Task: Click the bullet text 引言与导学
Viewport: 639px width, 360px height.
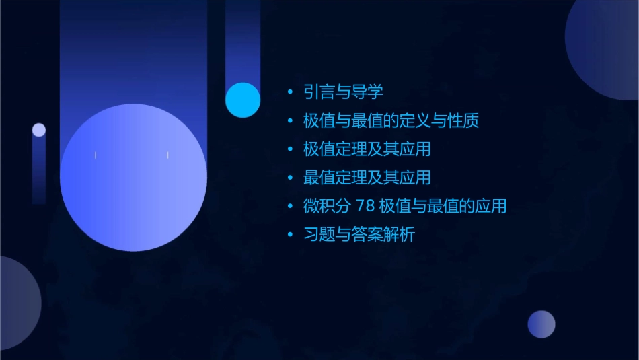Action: point(343,92)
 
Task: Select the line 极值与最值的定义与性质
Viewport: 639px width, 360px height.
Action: point(391,121)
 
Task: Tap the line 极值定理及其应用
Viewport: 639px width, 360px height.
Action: point(367,149)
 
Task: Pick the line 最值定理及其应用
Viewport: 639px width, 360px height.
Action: point(367,178)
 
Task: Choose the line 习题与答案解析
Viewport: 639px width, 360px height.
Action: point(359,235)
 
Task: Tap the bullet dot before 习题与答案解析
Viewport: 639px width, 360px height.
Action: point(290,235)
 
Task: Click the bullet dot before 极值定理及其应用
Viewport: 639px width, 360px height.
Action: point(290,149)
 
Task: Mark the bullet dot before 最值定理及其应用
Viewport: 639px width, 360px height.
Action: point(290,178)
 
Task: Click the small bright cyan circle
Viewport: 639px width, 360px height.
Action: point(243,100)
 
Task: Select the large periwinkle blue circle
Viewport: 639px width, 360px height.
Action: point(133,178)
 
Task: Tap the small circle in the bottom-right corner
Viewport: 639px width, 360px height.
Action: point(541,324)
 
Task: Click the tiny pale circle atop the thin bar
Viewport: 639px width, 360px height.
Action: point(39,130)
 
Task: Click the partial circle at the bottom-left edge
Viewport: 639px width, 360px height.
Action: point(17,303)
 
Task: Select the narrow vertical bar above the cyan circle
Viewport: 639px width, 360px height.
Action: point(243,40)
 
